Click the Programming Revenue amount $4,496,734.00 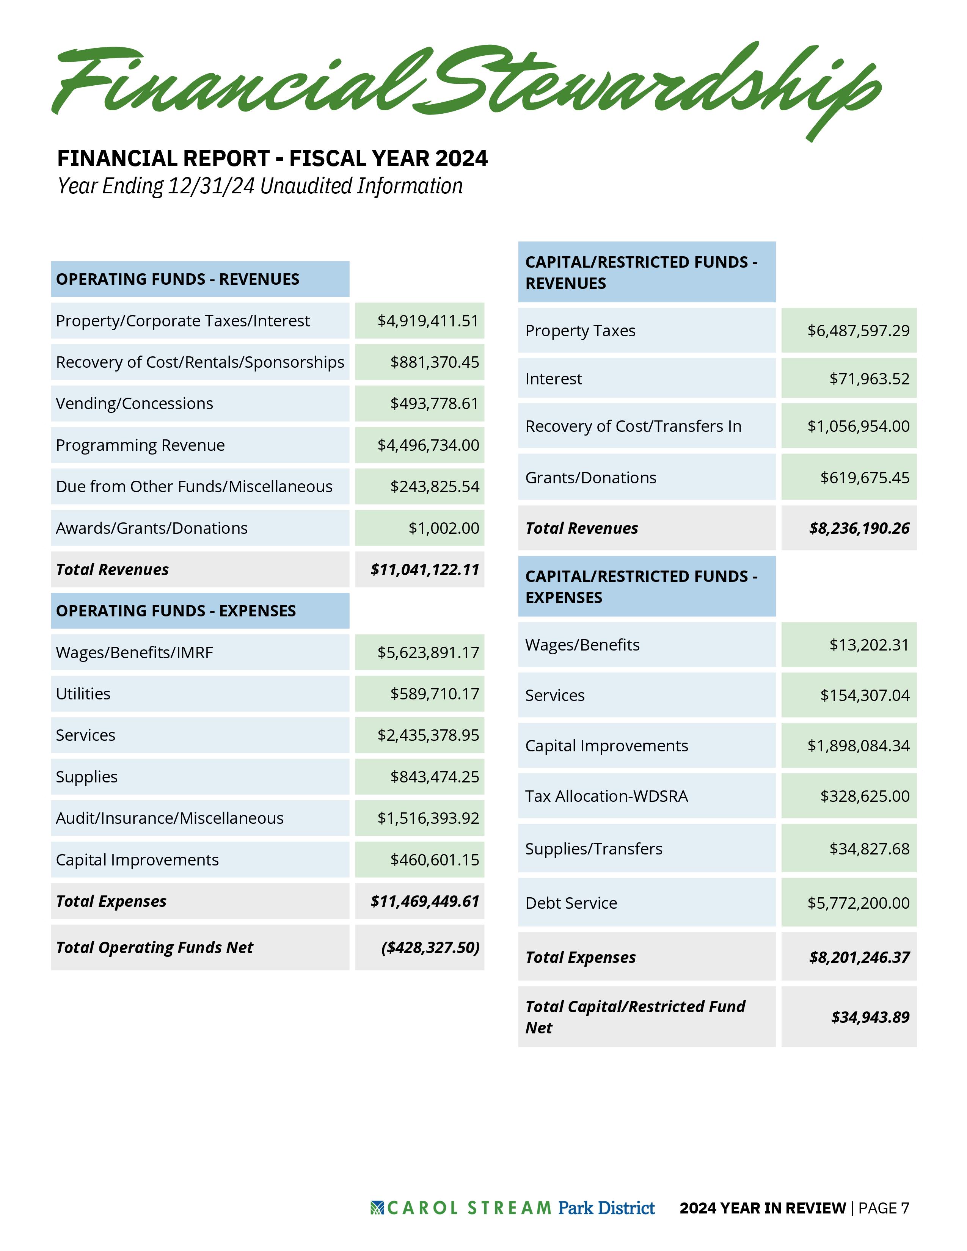point(428,445)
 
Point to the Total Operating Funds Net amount point(430,947)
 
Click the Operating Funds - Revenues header point(177,279)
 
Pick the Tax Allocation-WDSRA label point(606,796)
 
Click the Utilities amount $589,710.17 point(434,694)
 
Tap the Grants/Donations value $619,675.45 point(865,478)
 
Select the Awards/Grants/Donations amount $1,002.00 point(443,528)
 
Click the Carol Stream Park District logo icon point(377,1208)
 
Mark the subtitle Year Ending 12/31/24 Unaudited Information point(260,186)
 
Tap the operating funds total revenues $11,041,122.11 point(424,569)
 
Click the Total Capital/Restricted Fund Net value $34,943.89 point(870,1017)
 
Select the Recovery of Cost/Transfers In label point(633,426)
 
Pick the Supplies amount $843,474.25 point(434,777)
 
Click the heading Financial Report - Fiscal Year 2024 point(272,158)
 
